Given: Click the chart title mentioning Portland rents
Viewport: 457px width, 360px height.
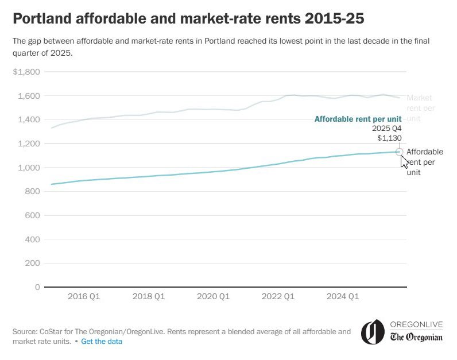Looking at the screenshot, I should [x=188, y=19].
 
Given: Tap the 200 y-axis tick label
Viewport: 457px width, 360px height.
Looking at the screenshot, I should [x=33, y=263].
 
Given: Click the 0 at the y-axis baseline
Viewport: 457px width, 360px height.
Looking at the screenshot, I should [x=37, y=287].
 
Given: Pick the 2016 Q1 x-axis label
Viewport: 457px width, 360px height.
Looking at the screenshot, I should [x=84, y=297].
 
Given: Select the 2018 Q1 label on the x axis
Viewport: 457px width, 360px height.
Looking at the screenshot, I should [x=149, y=297].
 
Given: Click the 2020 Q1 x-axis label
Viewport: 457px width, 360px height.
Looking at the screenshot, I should [x=213, y=297].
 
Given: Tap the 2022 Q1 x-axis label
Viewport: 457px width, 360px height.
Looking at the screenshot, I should [x=278, y=297].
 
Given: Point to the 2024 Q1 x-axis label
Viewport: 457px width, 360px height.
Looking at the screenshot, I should [x=342, y=297].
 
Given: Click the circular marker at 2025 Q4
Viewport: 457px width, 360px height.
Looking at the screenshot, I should [x=400, y=152].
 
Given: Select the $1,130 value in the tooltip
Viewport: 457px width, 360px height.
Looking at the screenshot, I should [x=389, y=138].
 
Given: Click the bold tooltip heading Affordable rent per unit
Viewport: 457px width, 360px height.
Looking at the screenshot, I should [x=358, y=119].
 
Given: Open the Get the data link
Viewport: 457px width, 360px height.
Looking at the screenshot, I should [x=102, y=342].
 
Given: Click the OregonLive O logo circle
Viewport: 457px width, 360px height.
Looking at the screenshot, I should [x=372, y=331].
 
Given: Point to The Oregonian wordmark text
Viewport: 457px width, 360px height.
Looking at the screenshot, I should [x=416, y=337].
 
